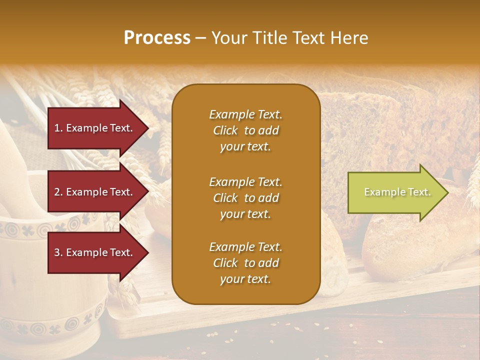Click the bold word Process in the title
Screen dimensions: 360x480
[157, 38]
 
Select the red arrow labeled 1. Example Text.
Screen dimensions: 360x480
[95, 128]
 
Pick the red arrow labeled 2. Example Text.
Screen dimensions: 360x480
[95, 192]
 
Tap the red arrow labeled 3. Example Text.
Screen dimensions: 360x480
[95, 252]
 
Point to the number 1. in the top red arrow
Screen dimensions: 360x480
[58, 128]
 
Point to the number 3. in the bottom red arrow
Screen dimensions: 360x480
[58, 252]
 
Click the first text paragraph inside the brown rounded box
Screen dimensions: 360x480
[245, 130]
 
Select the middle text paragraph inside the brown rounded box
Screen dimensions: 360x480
[245, 198]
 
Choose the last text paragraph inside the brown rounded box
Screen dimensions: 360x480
[245, 263]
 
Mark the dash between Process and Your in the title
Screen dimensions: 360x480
[200, 38]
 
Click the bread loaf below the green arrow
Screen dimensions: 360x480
[410, 245]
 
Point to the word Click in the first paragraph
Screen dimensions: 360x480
[225, 130]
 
